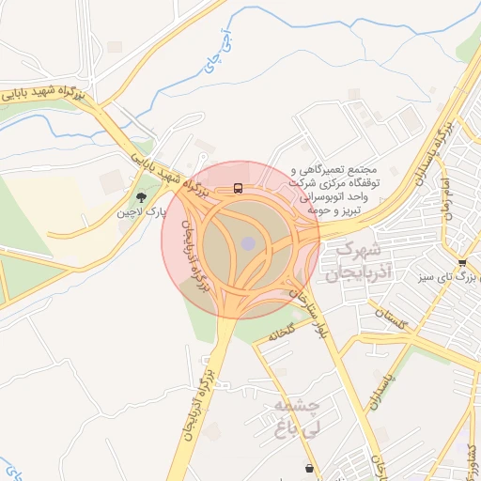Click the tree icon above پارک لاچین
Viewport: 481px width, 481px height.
tap(141, 197)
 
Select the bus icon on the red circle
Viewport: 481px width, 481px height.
tap(238, 188)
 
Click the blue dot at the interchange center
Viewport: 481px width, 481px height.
tap(247, 243)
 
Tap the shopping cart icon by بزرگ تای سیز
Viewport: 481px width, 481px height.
tap(461, 262)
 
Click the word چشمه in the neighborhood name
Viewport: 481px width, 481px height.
tap(300, 406)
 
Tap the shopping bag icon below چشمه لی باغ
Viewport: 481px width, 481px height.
tap(309, 467)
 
